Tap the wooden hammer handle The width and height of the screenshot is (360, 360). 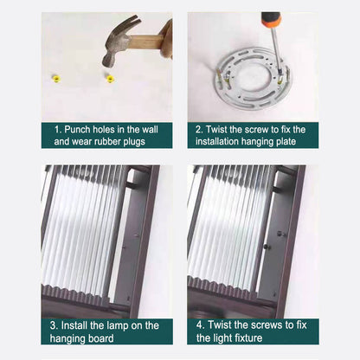pyautogui.click(x=146, y=42)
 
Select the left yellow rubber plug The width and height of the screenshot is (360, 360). pyautogui.click(x=56, y=78)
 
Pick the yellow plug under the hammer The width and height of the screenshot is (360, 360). pyautogui.click(x=110, y=79)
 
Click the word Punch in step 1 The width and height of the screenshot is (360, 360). pyautogui.click(x=78, y=129)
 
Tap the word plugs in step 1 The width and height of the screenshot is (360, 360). pyautogui.click(x=134, y=142)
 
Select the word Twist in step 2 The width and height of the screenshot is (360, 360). pyautogui.click(x=216, y=129)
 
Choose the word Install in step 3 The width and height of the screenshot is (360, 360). pyautogui.click(x=74, y=325)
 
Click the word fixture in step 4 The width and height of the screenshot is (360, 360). pyautogui.click(x=248, y=337)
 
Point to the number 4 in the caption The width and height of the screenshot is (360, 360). pyautogui.click(x=200, y=325)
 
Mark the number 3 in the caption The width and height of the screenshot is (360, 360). pyautogui.click(x=54, y=325)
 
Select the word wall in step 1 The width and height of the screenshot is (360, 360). pyautogui.click(x=150, y=129)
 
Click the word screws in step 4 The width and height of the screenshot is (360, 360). pyautogui.click(x=267, y=325)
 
